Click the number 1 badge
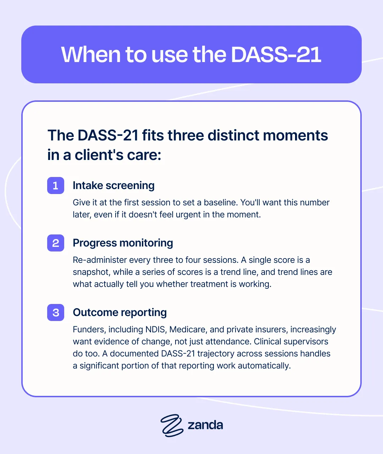click(x=56, y=186)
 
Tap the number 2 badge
click(x=56, y=243)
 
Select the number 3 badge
click(x=56, y=312)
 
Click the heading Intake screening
click(x=113, y=186)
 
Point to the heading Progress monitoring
click(x=123, y=243)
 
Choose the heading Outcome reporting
click(x=120, y=312)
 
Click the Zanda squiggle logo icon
click(x=172, y=426)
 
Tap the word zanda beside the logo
click(x=205, y=425)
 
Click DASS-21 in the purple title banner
click(x=276, y=55)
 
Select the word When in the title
click(x=91, y=55)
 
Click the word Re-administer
click(x=100, y=260)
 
